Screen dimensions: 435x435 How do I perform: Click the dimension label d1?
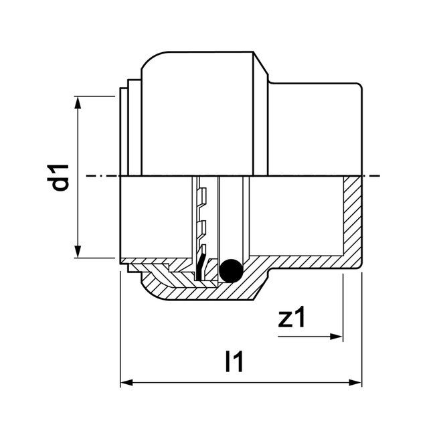[61, 175]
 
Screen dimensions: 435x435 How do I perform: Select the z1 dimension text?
[292, 318]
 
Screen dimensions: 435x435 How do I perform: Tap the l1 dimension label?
[234, 362]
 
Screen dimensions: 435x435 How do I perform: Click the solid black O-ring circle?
[230, 270]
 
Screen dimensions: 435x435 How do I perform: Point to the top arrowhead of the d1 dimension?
[79, 102]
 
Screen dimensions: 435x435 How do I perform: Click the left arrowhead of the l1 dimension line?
[126, 383]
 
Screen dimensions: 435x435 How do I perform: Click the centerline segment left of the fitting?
[100, 176]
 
